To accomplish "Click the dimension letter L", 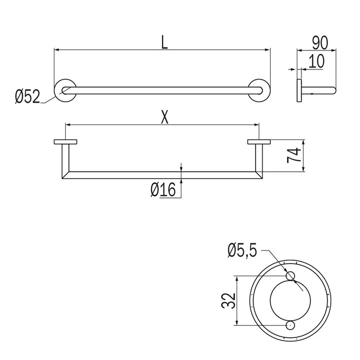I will (x=164, y=42).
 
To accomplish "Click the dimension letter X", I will (x=164, y=118).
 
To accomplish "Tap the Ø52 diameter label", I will (x=27, y=96).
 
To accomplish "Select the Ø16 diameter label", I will (x=163, y=191).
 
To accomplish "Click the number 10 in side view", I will (x=316, y=61).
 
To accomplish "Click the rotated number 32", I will (x=228, y=300).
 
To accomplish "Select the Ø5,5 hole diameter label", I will (x=244, y=251).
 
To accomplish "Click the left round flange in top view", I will (x=65, y=91).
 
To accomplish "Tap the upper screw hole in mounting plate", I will (x=291, y=276).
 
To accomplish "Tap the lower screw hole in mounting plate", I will (x=291, y=325).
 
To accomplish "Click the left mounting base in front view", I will (x=65, y=142).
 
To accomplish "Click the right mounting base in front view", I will (x=259, y=142).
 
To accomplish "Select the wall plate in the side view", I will (x=298, y=92).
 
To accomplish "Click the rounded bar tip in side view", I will (x=334, y=92).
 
